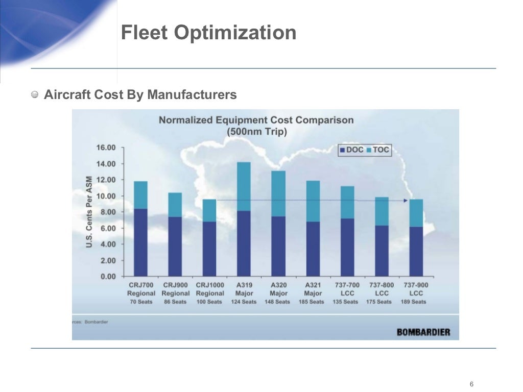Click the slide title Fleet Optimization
pos(208,33)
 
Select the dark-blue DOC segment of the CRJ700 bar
pos(140,242)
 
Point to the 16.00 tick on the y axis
pos(106,148)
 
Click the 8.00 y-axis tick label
pos(106,212)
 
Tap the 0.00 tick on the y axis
pos(106,276)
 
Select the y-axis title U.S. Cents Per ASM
pos(89,212)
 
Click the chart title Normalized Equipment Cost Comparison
pos(256,120)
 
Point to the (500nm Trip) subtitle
pos(256,131)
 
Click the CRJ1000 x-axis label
pos(210,285)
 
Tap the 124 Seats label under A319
pos(244,302)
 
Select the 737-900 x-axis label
pos(416,285)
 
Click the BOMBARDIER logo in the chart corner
pos(423,332)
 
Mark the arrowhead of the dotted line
pos(406,201)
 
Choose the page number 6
pos(471,384)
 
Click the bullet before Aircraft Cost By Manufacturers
pos(35,94)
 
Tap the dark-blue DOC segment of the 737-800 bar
pos(382,251)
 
